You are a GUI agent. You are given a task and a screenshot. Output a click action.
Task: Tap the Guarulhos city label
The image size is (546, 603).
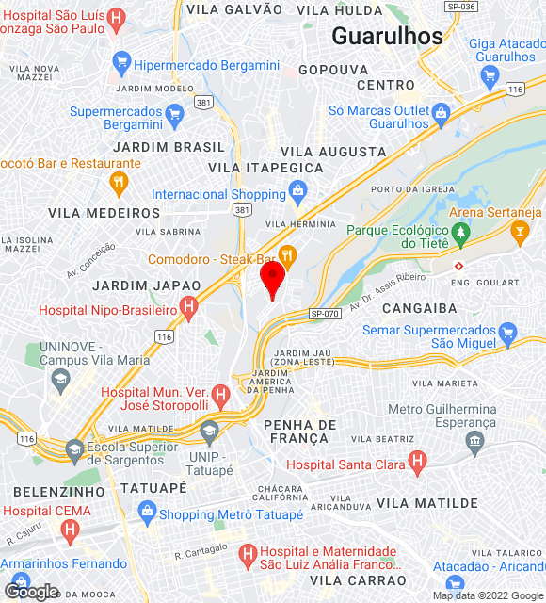click(x=387, y=37)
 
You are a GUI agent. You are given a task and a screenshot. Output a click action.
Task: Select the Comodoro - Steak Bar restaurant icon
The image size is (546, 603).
click(x=289, y=253)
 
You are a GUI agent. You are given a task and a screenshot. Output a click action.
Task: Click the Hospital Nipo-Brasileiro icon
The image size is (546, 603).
click(x=188, y=308)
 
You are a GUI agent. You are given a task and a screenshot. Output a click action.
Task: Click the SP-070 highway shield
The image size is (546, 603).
click(x=323, y=314)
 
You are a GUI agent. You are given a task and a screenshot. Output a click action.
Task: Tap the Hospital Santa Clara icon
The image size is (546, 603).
click(x=417, y=463)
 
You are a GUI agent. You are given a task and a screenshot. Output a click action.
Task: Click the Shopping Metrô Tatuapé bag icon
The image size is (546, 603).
click(x=145, y=513)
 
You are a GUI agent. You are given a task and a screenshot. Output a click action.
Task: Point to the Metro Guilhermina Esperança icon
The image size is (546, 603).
click(x=474, y=441)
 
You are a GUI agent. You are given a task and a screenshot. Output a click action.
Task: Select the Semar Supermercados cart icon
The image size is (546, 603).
click(x=508, y=333)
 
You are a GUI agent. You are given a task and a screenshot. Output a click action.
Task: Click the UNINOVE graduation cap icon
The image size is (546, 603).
click(x=61, y=380)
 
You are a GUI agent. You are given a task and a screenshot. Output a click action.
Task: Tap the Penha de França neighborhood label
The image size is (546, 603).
click(x=299, y=433)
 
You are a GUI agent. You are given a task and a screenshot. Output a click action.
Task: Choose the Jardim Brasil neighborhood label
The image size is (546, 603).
click(x=169, y=147)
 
